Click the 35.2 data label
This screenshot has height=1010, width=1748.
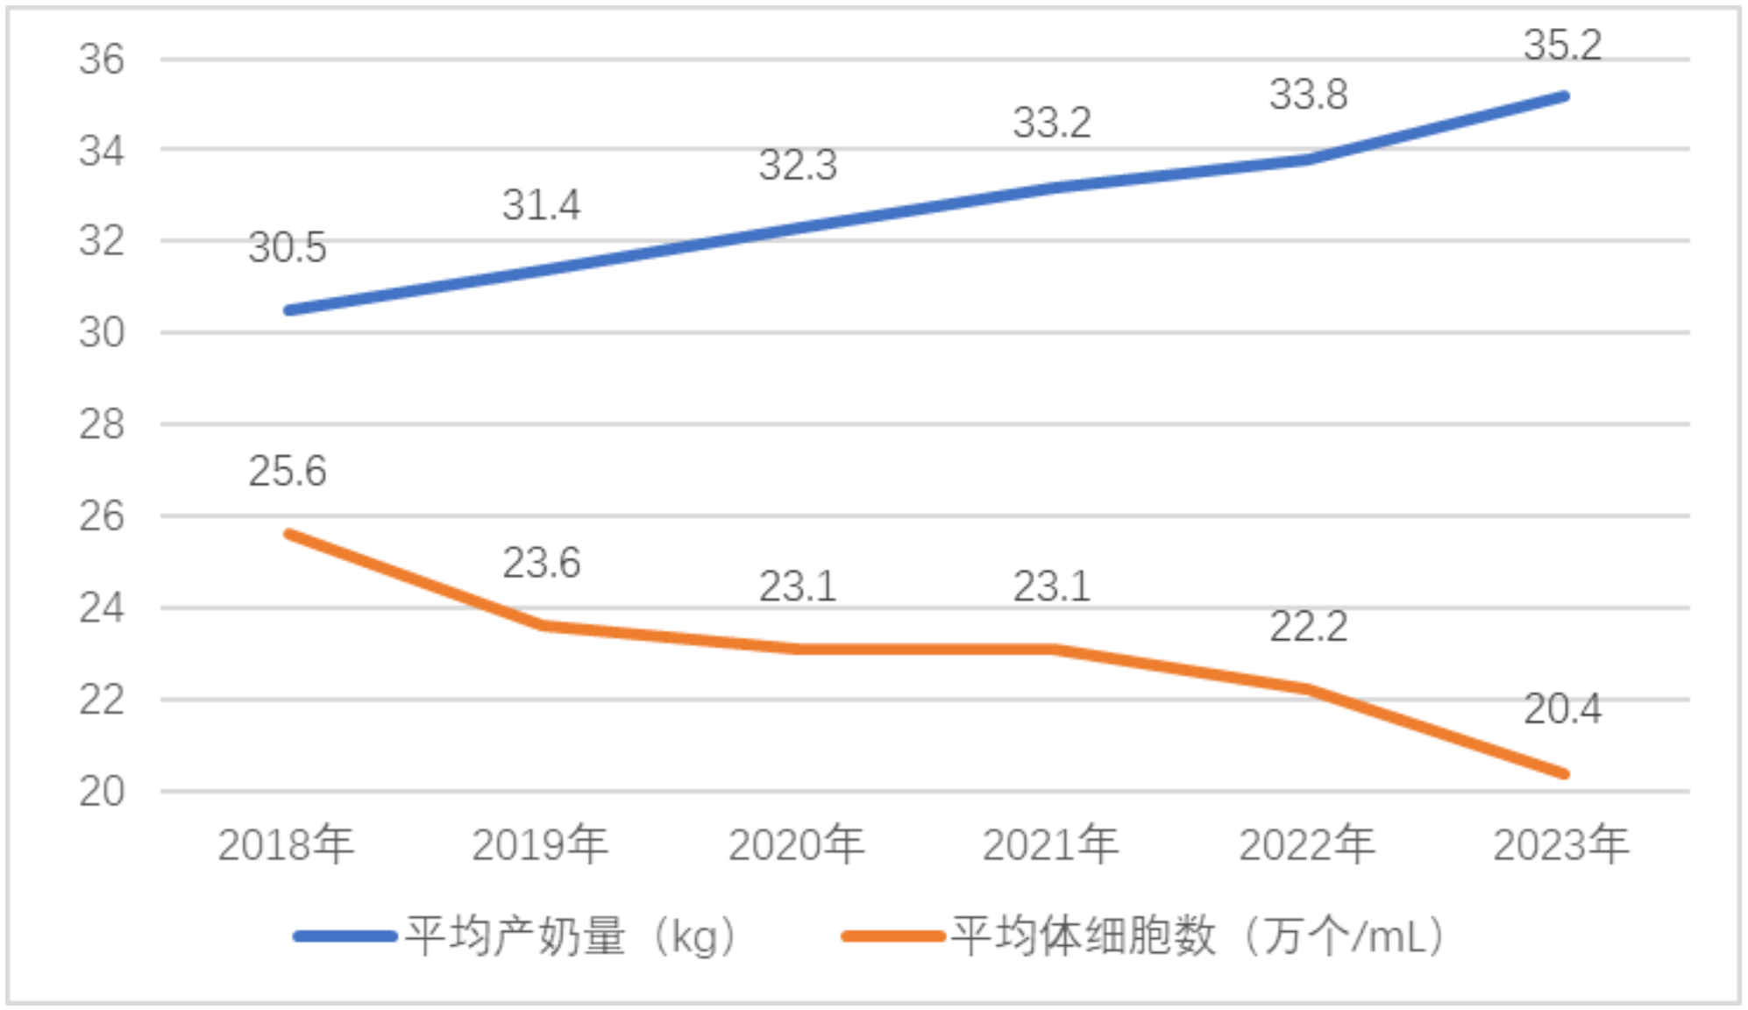(x=1562, y=46)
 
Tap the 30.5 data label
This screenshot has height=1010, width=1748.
(x=287, y=247)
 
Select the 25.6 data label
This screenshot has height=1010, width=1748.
(x=287, y=472)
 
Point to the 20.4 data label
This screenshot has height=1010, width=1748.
(x=1562, y=708)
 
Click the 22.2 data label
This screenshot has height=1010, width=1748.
(x=1308, y=627)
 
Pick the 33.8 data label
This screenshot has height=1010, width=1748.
(x=1308, y=95)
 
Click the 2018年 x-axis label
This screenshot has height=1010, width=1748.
(x=286, y=844)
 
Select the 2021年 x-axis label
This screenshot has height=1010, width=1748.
(x=1050, y=844)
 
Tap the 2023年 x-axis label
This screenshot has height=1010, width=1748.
(x=1560, y=844)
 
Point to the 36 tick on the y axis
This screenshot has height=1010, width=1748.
(x=102, y=60)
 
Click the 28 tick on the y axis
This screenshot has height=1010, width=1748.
(x=102, y=425)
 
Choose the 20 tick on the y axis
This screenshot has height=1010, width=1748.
(x=102, y=792)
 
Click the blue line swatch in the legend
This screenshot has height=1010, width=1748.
(x=345, y=936)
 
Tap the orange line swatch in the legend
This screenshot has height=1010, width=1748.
(x=892, y=936)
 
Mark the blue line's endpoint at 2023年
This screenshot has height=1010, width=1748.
(x=1564, y=96)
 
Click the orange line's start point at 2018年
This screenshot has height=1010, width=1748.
(x=289, y=534)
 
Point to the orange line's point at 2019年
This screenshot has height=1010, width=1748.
(x=544, y=625)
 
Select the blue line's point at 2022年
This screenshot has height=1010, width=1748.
(x=1308, y=160)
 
